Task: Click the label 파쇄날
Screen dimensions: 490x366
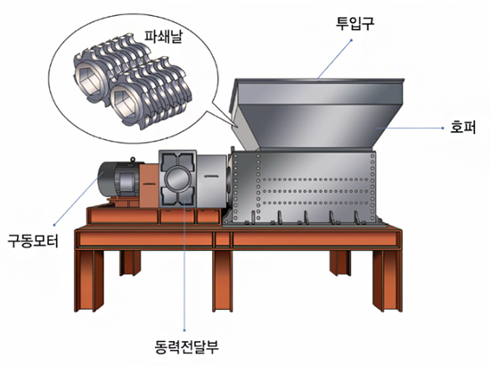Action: point(163,37)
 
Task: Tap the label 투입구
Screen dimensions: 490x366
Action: point(355,22)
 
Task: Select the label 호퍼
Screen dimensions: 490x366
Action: point(462,127)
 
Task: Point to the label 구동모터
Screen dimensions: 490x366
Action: point(33,241)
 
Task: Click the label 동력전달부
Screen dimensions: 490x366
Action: point(187,346)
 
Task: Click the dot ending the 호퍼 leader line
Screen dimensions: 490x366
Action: point(443,128)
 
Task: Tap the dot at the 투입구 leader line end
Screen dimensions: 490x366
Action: point(351,40)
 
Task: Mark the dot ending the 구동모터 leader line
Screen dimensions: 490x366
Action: point(54,224)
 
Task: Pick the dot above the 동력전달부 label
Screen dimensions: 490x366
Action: point(184,330)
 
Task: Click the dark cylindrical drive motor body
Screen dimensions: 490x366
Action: point(118,179)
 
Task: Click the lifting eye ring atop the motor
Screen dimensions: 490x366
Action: point(133,160)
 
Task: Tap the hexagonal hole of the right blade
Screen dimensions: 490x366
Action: point(124,102)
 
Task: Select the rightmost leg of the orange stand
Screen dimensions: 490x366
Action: point(388,280)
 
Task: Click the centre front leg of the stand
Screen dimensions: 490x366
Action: point(222,280)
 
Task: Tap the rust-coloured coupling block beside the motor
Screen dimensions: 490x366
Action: point(149,186)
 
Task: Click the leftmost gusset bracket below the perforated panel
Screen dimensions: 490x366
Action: point(252,218)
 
